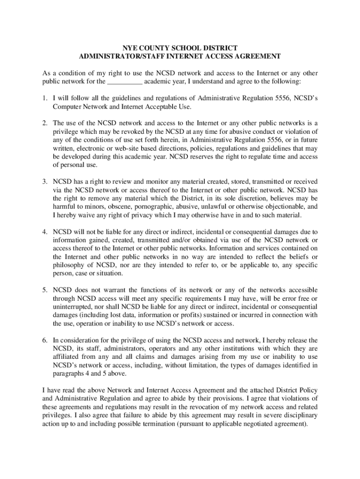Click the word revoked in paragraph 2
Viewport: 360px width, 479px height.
pyautogui.click(x=127, y=131)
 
